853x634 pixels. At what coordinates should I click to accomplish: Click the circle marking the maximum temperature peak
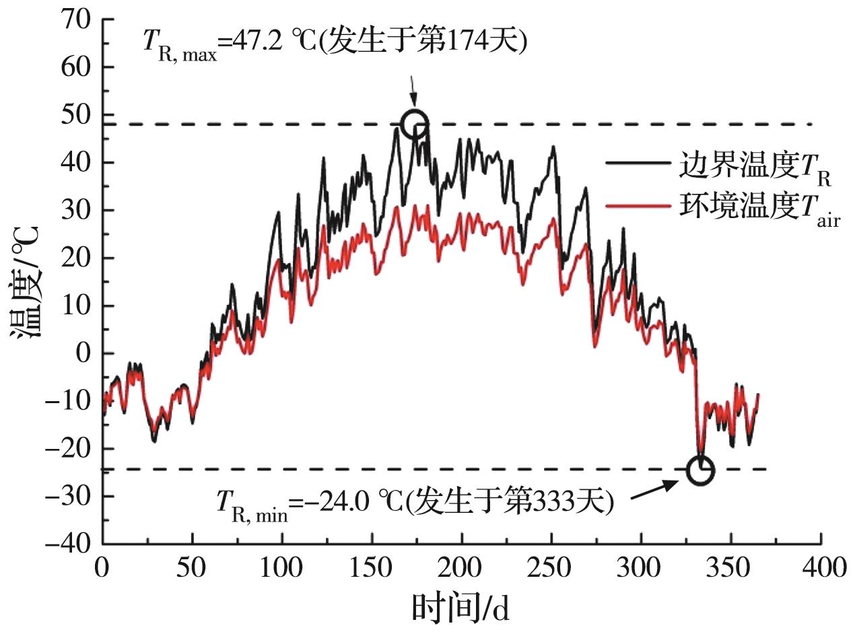(x=415, y=123)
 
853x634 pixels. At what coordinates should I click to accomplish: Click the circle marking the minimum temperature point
(x=700, y=470)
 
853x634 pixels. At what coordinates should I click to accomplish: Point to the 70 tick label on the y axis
(x=76, y=20)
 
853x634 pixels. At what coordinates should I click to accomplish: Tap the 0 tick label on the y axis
(x=83, y=353)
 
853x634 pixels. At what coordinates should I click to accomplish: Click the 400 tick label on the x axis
(x=820, y=567)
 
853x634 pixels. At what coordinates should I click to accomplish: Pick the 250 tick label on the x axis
(x=551, y=567)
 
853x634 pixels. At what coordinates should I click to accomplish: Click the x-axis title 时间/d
(x=460, y=608)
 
